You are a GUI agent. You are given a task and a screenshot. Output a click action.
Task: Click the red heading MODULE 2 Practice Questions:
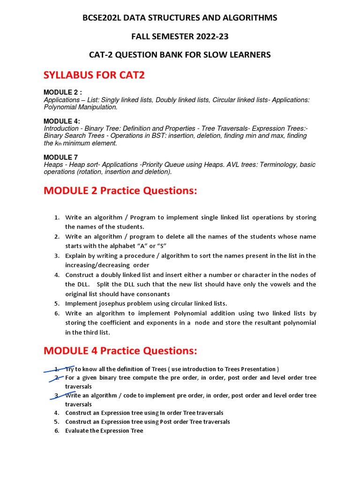point(120,191)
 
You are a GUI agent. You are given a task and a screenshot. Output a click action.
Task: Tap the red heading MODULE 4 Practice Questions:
point(120,351)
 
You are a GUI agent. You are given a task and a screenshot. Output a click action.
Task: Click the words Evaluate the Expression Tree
point(104,431)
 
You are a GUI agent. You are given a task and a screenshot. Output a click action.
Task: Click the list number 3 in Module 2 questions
point(56,256)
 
